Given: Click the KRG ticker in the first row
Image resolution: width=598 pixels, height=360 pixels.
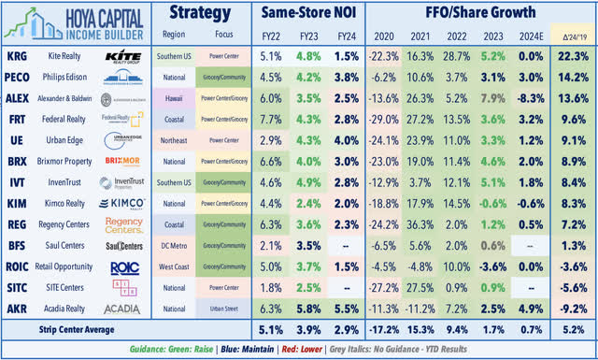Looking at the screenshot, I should (19, 56).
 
